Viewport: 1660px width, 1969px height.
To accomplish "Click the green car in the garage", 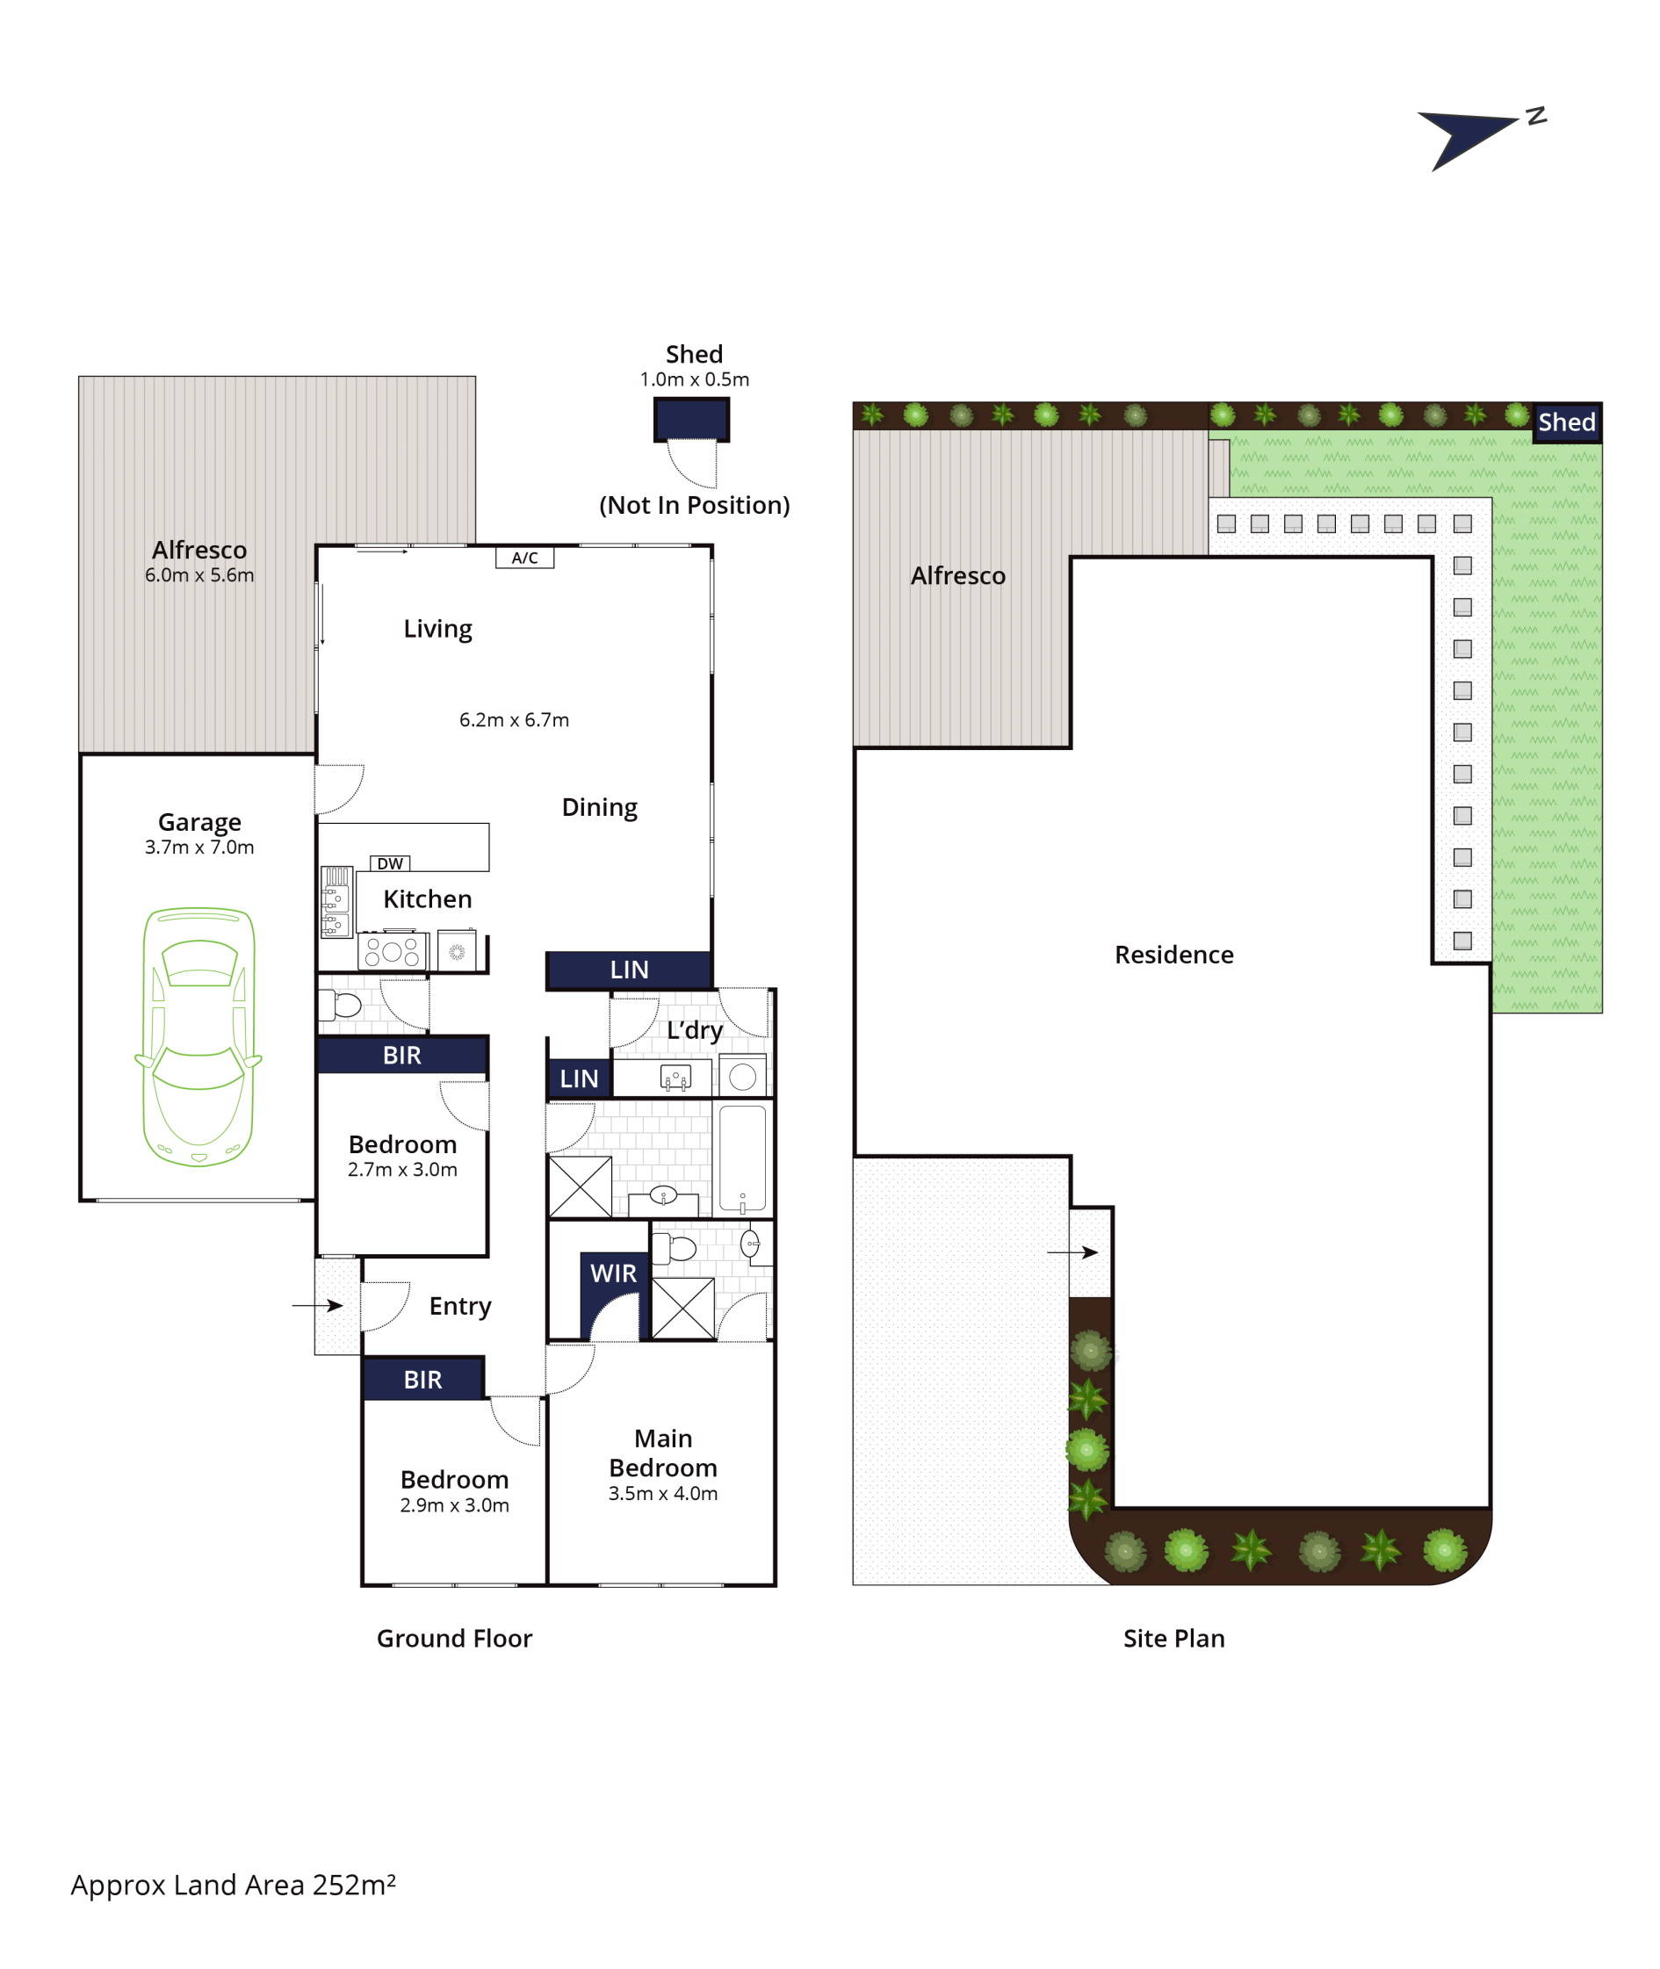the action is coord(198,1036).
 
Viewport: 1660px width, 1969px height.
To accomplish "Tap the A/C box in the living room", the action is coord(525,558).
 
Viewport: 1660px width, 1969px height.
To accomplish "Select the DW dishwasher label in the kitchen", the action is coord(390,863).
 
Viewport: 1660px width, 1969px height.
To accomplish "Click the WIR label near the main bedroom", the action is coord(614,1273).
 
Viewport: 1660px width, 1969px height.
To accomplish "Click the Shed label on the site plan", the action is coord(1567,422).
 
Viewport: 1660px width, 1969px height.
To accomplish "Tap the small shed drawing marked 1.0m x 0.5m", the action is coord(692,420).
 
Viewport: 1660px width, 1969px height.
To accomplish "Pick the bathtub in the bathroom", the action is coord(742,1158).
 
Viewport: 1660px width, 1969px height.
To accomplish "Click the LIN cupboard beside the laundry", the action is coord(579,1079).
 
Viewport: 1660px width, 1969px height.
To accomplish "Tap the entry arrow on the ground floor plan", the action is coord(317,1306).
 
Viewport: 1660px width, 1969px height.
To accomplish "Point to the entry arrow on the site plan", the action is coord(1072,1252).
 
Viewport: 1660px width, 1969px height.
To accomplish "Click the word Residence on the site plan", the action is coord(1173,955).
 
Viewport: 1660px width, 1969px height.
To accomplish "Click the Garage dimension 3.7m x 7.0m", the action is coord(199,847).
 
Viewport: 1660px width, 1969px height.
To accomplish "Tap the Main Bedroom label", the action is coord(662,1453).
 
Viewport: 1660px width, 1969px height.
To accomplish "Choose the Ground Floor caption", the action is coord(455,1639).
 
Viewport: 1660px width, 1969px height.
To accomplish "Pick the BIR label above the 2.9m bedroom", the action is coord(422,1380).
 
